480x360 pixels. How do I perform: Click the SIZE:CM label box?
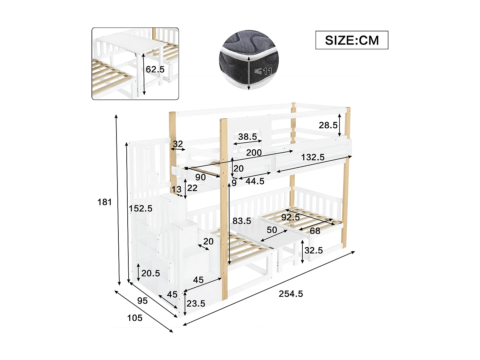[352, 40]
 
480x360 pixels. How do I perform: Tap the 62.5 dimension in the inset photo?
[155, 69]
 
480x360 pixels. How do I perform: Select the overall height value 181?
[105, 202]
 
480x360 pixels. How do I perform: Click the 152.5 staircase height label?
[140, 209]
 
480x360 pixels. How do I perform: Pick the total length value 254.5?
[291, 294]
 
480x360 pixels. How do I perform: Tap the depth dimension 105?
[135, 318]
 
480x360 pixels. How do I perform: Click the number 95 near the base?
[142, 301]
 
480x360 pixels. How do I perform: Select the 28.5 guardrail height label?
[328, 125]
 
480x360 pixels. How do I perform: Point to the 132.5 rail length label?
[313, 157]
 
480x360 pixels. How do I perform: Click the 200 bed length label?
[254, 153]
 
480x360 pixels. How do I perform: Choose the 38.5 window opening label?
[247, 137]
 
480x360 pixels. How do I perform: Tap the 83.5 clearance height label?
[242, 221]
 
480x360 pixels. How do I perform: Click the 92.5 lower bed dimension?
[291, 218]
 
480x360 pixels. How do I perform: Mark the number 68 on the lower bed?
[315, 231]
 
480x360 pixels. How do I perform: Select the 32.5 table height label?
[313, 250]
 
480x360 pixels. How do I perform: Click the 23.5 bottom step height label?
[196, 303]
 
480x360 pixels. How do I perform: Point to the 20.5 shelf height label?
[150, 273]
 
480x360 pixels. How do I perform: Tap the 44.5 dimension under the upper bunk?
[255, 181]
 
